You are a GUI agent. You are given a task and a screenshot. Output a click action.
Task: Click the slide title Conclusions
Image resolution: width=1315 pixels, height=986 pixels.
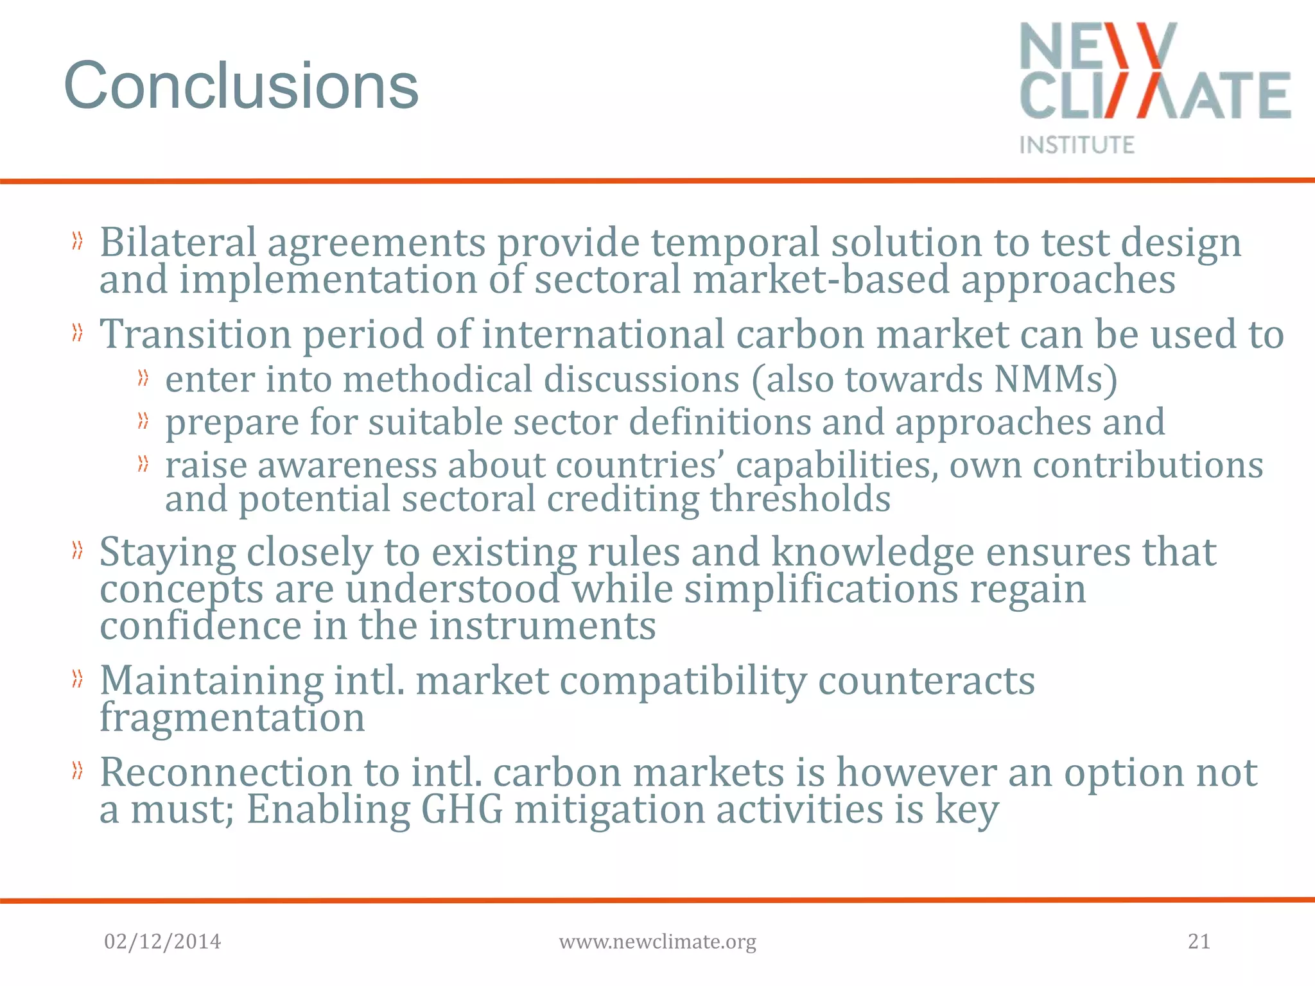click(x=241, y=86)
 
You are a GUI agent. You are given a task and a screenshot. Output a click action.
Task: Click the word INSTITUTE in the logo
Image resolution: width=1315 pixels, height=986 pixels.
click(x=1077, y=144)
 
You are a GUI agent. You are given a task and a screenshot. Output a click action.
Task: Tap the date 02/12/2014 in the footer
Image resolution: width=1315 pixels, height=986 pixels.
click(x=162, y=942)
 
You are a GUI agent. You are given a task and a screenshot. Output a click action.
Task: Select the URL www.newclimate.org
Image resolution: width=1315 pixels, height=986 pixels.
click(x=657, y=942)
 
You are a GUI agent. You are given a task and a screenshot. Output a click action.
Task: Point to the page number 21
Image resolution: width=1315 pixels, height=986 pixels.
click(x=1199, y=942)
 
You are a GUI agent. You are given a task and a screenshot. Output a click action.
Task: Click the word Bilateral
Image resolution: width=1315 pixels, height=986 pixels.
click(x=178, y=243)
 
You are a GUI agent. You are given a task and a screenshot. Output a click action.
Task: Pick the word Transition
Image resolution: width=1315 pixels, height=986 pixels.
click(x=195, y=334)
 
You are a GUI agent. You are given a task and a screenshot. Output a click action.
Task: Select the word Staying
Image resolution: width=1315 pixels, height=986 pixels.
click(x=168, y=553)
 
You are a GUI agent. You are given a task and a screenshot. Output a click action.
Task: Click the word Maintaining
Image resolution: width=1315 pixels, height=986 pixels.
click(x=211, y=680)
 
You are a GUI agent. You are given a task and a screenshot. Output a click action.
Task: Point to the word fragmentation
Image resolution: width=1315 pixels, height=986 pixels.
click(x=232, y=717)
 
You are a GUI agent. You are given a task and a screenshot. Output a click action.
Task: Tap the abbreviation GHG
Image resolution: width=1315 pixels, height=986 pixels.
click(x=462, y=809)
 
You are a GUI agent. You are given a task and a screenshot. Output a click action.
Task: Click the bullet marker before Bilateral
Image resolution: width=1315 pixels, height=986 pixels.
click(x=78, y=242)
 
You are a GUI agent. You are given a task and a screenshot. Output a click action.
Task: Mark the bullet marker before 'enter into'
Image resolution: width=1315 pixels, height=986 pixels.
click(x=143, y=379)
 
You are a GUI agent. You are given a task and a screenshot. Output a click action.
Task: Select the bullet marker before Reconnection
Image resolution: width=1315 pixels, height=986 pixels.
click(x=78, y=771)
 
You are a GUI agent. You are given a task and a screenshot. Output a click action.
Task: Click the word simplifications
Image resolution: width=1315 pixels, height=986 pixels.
click(x=821, y=589)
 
